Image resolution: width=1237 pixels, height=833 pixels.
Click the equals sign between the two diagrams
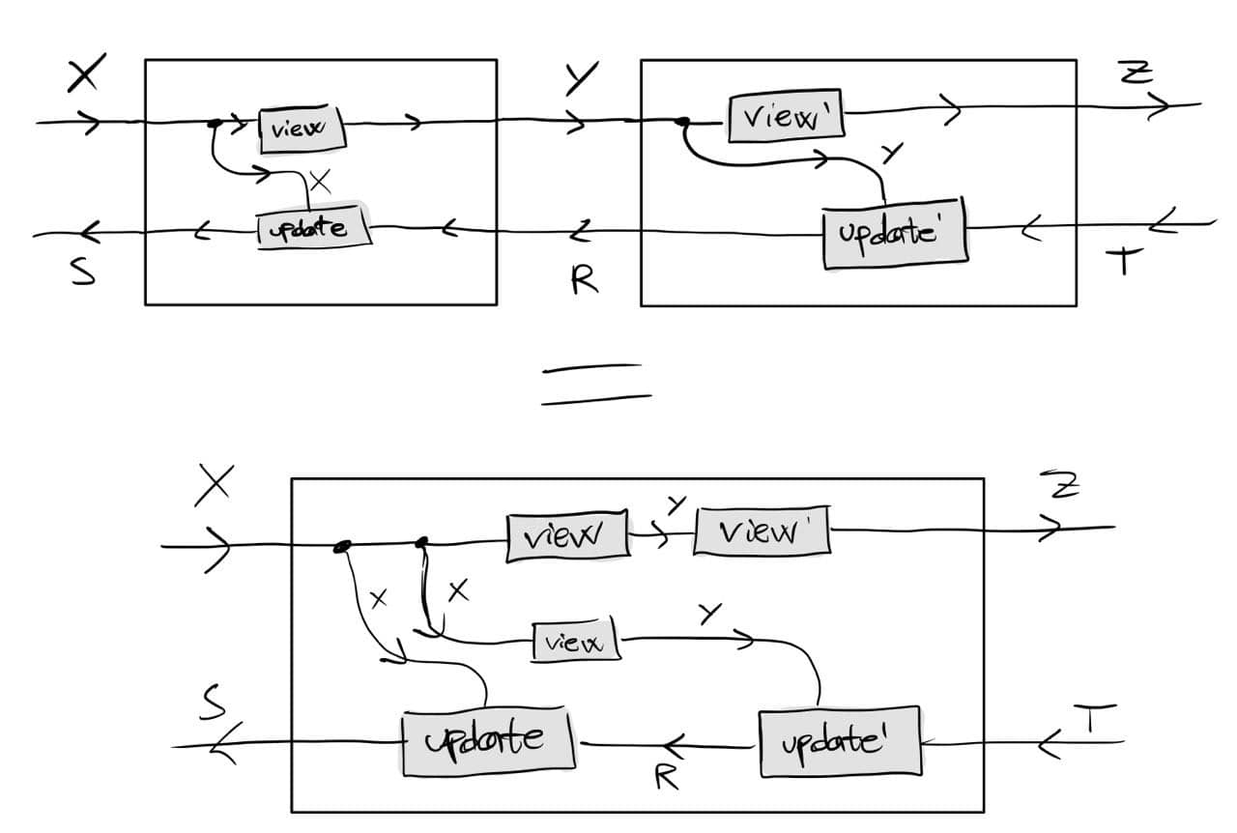coord(594,383)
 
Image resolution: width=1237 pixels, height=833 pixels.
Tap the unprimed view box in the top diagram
coord(301,130)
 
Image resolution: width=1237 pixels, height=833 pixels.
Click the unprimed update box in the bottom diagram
coord(487,742)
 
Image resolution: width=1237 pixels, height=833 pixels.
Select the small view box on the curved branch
coord(577,641)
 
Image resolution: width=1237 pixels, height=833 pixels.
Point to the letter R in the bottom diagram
coord(666,777)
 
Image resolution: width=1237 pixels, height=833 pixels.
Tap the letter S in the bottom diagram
coord(212,704)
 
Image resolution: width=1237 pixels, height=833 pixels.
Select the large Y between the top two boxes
coord(581,80)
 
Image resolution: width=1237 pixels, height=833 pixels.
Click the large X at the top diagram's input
coord(87,75)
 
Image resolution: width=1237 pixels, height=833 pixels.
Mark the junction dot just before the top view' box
coord(682,123)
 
